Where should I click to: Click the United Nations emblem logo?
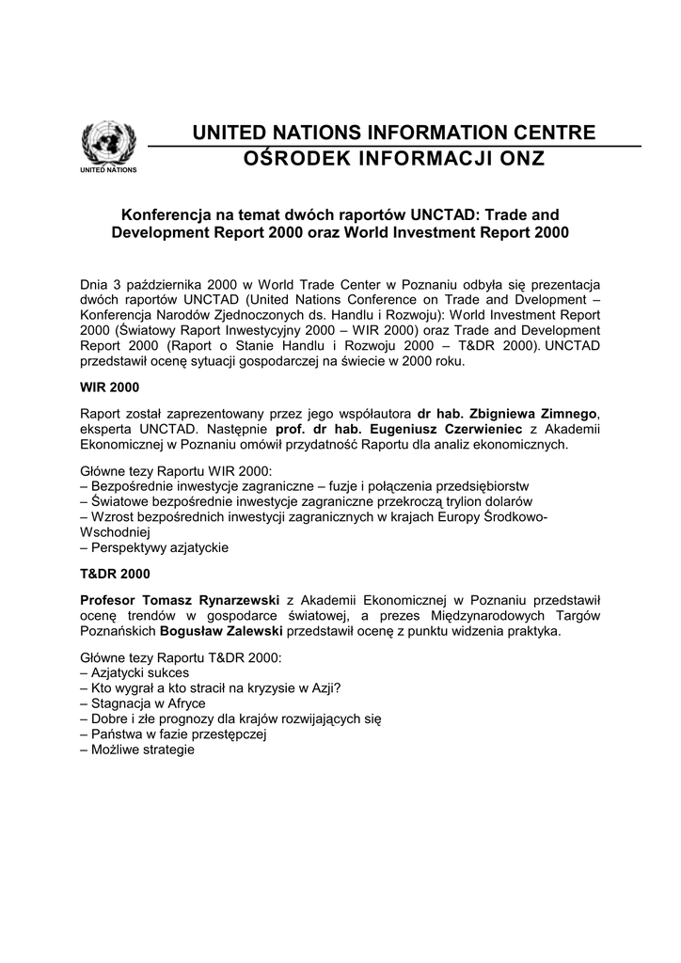108,144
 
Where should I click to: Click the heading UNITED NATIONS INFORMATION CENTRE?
394,133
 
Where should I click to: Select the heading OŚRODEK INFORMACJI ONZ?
394,159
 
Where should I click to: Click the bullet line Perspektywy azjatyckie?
154,547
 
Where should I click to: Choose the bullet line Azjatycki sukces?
135,672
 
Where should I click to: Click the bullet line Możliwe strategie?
137,750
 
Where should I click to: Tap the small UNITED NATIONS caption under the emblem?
108,170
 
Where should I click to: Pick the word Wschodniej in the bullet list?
111,531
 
